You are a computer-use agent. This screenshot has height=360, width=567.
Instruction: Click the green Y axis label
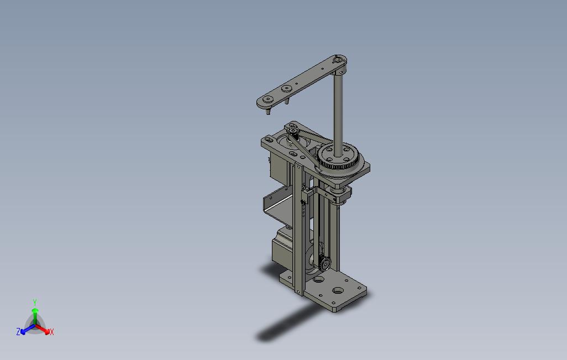pos(35,302)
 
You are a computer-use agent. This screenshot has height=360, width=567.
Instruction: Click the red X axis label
pos(52,332)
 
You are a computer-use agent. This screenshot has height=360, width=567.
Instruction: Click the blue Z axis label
pos(18,331)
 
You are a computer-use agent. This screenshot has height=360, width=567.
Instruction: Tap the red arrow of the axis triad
pos(43,329)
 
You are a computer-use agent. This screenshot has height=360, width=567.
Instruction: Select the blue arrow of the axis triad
pos(28,329)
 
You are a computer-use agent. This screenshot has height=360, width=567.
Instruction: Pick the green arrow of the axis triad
pos(35,317)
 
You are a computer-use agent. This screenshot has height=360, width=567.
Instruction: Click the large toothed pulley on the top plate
pos(339,156)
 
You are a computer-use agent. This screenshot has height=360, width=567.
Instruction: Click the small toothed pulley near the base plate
pos(324,263)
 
